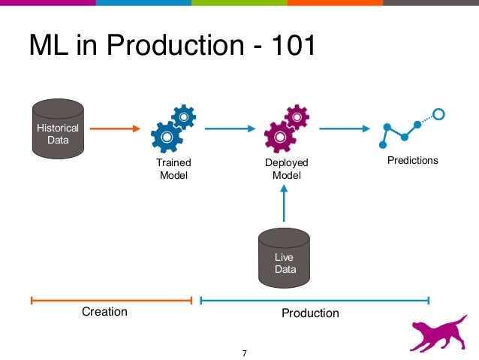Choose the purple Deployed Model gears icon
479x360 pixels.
pos(286,129)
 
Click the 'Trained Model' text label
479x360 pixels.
pos(173,169)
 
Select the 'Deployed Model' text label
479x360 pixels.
pos(286,169)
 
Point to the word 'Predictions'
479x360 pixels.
pos(412,161)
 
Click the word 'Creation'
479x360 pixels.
pos(104,311)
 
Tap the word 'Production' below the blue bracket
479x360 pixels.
pos(310,313)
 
